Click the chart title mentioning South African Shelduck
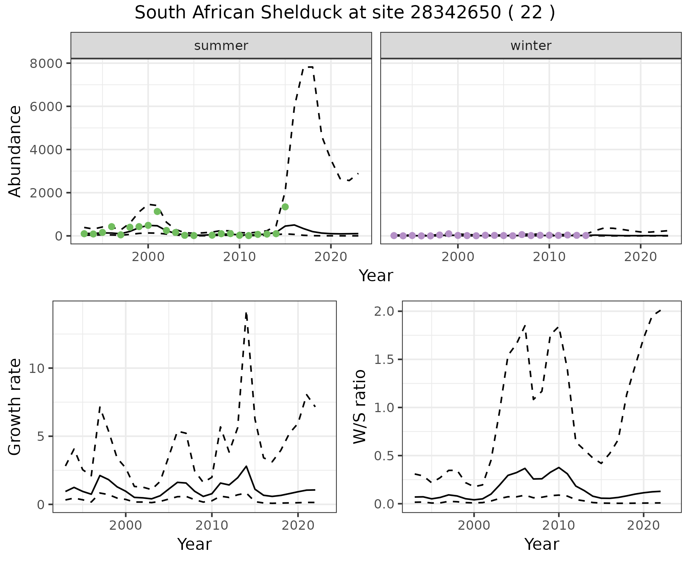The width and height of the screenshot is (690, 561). (x=345, y=13)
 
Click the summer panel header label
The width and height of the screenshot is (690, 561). (x=221, y=46)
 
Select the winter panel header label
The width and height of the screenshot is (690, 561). (x=531, y=46)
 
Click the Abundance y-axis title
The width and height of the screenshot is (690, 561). (x=15, y=151)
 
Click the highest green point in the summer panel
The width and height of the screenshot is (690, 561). (x=285, y=207)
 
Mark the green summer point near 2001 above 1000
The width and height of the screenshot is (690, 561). (x=157, y=211)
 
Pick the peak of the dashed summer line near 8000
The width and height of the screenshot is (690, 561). (x=308, y=67)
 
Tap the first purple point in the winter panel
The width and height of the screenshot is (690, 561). (x=394, y=236)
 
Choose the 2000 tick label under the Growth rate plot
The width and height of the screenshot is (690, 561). (x=125, y=525)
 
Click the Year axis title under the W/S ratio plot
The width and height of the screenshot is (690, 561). (x=542, y=544)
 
